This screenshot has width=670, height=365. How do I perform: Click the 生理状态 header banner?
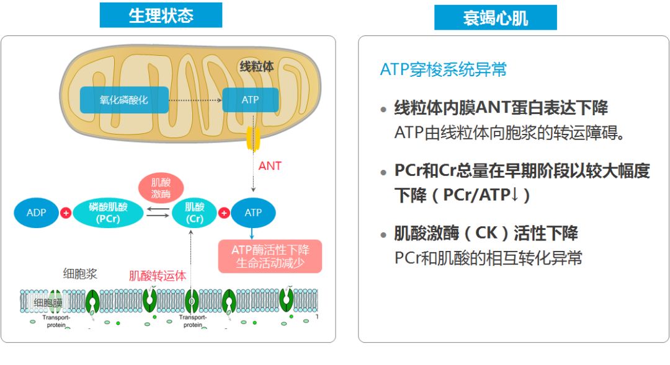161,15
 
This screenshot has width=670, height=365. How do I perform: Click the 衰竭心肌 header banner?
495,17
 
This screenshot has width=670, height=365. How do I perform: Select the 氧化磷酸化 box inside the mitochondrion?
124,100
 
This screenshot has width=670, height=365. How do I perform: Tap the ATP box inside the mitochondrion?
250,100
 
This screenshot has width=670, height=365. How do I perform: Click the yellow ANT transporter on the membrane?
253,139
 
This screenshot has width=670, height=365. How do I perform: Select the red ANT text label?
270,166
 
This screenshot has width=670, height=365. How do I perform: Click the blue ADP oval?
37,213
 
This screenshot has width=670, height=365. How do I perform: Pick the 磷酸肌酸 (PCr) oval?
108,213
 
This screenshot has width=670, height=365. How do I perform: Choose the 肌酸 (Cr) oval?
194,213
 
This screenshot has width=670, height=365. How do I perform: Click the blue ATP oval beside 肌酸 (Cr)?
253,213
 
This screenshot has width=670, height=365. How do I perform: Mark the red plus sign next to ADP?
65,213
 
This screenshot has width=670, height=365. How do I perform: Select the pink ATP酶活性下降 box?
270,256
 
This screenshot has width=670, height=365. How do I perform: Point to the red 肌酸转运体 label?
157,275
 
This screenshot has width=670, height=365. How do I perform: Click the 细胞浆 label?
80,274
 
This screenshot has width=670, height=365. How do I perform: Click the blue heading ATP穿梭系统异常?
443,69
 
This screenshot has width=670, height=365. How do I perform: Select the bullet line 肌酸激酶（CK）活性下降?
486,233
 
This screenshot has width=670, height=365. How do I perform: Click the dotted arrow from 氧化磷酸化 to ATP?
195,100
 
